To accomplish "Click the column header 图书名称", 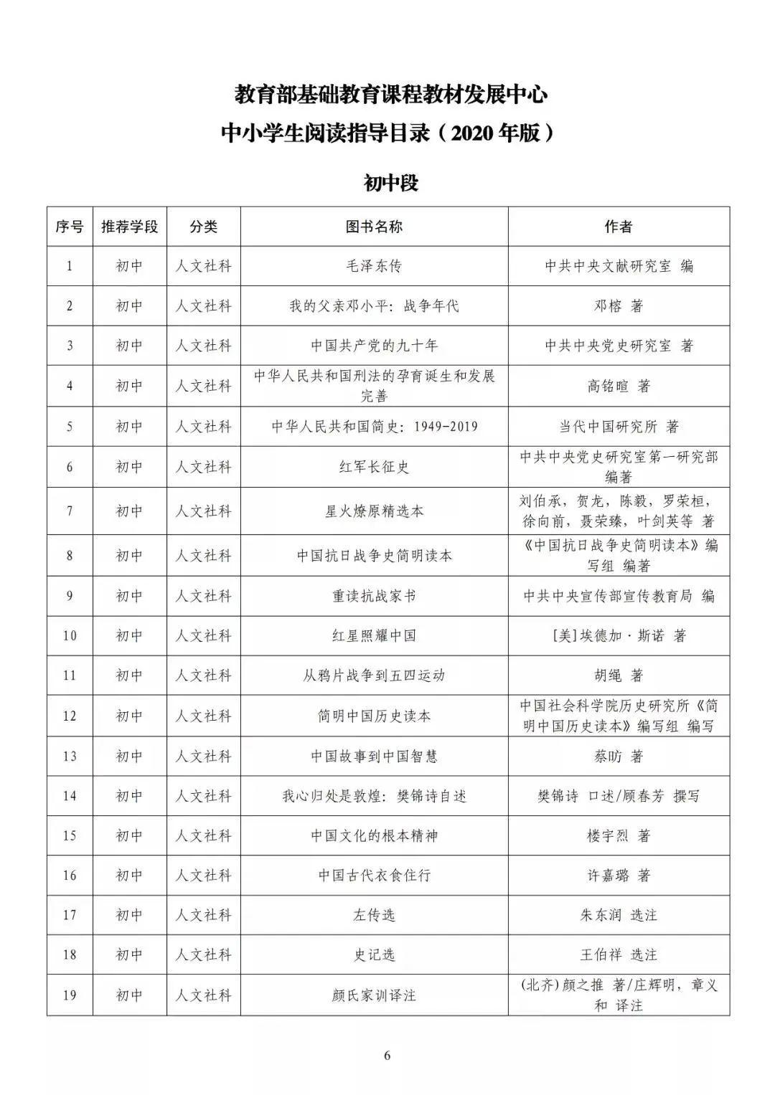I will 374,227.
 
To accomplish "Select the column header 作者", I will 619,227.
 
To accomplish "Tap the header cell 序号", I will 70,227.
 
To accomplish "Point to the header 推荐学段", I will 129,227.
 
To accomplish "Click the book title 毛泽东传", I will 374,266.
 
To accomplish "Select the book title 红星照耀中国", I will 374,635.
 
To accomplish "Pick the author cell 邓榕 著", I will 619,306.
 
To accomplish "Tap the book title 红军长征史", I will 374,467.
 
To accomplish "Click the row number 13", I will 70,756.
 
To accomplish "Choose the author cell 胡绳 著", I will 619,676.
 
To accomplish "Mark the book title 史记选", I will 374,954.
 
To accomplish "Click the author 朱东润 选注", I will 619,915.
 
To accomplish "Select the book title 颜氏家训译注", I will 374,995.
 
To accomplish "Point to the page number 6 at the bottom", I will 387,1056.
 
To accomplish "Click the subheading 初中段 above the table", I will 390,184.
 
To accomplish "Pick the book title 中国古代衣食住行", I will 374,876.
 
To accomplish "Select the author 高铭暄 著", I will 619,387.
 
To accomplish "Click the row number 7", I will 70,511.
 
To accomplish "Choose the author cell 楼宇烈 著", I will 619,835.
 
